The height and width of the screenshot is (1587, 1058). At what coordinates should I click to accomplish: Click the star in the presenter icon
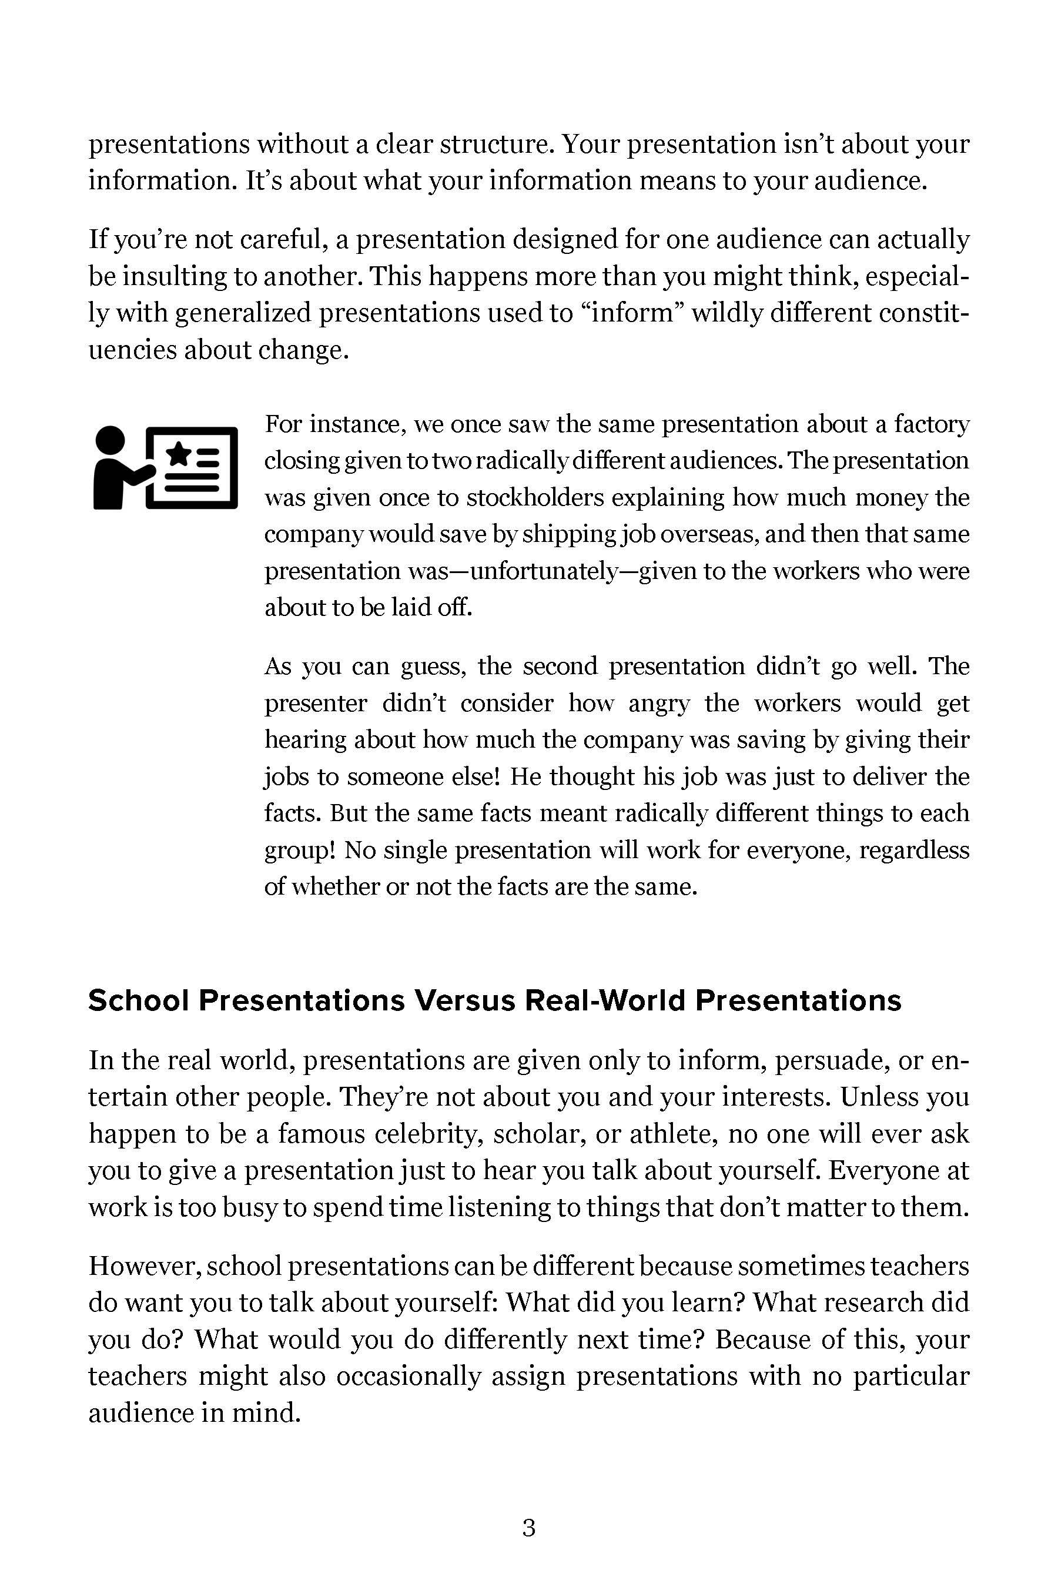179,453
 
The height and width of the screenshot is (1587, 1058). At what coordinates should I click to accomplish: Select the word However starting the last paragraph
142,1267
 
